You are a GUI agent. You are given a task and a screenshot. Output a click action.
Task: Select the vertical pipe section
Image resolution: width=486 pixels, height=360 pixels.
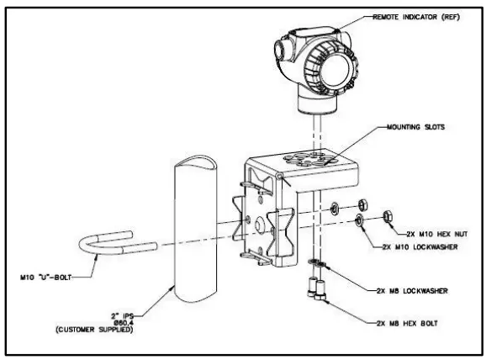tap(198, 227)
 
